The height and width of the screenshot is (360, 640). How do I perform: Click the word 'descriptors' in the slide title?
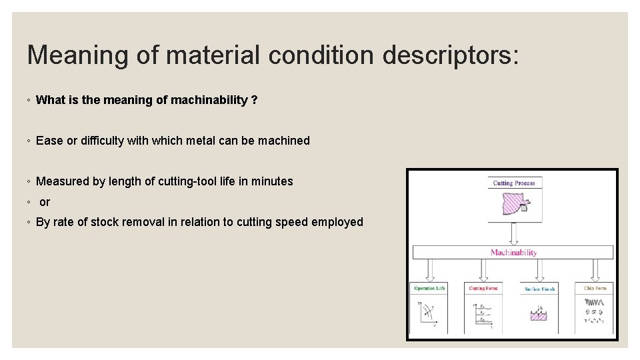click(450, 55)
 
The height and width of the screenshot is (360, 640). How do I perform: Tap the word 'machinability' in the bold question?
click(209, 100)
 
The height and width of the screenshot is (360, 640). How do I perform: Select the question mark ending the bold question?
click(255, 100)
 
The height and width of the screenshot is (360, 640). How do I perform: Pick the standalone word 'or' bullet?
click(45, 202)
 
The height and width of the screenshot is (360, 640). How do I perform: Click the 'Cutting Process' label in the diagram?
click(514, 183)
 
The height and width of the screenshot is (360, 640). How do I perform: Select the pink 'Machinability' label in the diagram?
click(513, 253)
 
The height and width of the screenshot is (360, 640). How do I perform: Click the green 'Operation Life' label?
click(429, 288)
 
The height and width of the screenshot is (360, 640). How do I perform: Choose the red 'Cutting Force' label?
click(483, 288)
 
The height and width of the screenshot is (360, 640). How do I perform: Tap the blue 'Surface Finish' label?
click(539, 289)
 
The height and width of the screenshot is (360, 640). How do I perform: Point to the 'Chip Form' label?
click(594, 288)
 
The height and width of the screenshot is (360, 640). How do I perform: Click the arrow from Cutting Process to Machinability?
click(514, 233)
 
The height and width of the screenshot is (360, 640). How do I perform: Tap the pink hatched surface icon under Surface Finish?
click(539, 315)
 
